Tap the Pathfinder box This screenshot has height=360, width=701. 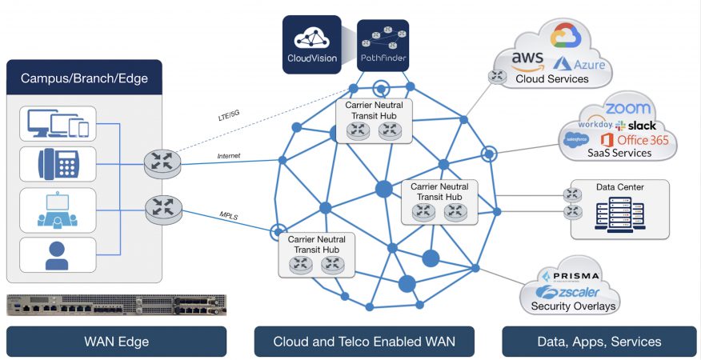coord(383,45)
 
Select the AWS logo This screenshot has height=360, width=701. coord(527,62)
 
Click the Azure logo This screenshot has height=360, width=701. coord(579,64)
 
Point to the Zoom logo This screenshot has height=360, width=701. coord(627,109)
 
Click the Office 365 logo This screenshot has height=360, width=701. coord(635,140)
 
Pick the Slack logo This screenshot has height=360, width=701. coord(635,126)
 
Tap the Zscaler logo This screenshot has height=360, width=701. coord(568,292)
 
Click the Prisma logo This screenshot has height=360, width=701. coord(570,275)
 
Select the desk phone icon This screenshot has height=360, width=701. coord(58,164)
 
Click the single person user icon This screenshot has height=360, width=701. coord(57,255)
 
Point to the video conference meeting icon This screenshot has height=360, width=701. coord(58,210)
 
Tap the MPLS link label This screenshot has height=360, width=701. coord(228,215)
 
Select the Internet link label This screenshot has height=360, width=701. coord(228,156)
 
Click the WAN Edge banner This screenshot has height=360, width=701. coord(116,342)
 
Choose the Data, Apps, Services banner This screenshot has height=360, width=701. coord(599,342)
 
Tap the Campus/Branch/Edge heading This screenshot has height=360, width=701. coord(84,78)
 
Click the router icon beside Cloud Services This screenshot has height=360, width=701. coord(498,76)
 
